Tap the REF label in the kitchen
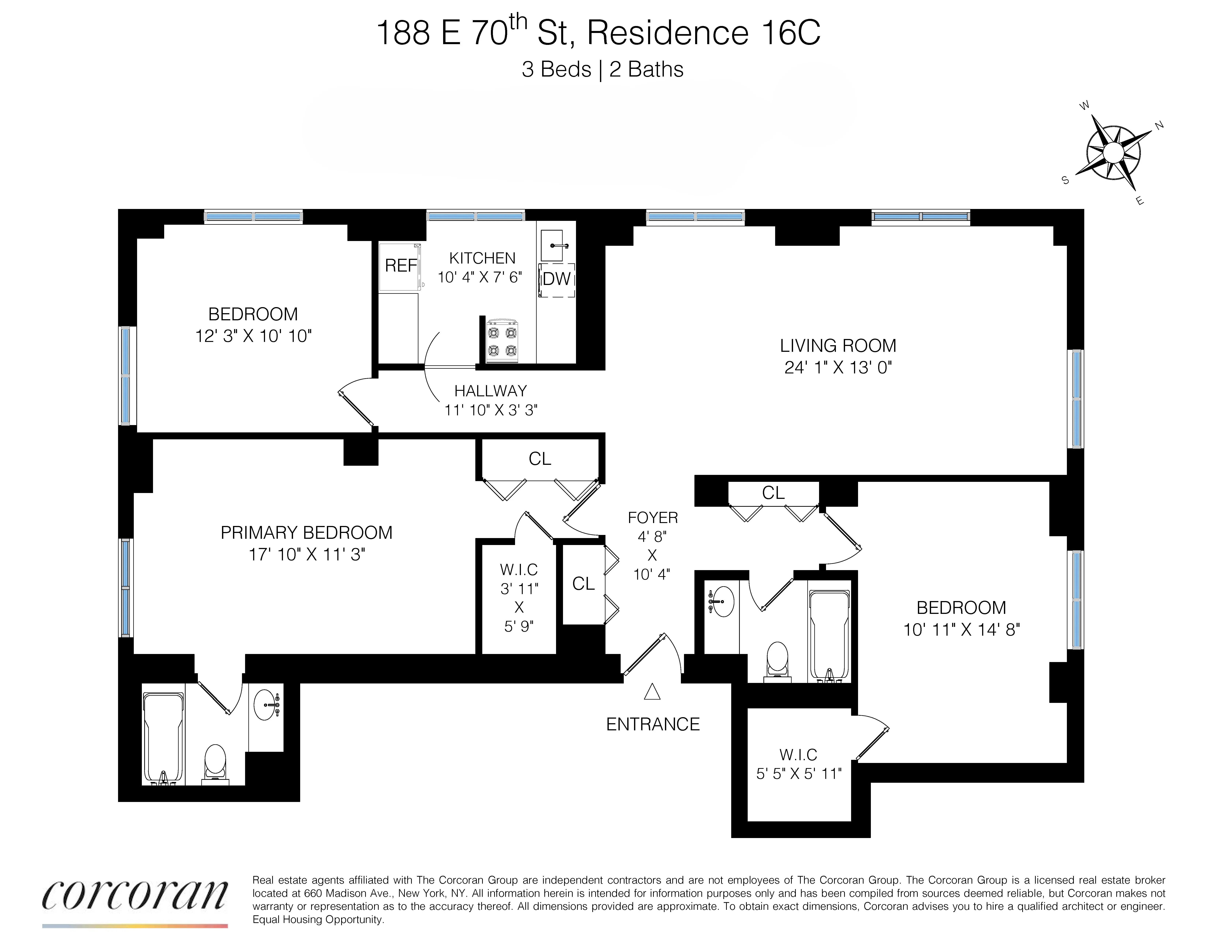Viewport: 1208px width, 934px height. [x=400, y=266]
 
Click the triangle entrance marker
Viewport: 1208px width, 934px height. [x=652, y=692]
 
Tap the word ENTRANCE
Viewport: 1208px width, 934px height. [x=653, y=724]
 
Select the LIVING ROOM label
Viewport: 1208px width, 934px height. [x=837, y=346]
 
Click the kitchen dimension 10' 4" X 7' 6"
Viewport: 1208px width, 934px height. [x=480, y=277]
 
